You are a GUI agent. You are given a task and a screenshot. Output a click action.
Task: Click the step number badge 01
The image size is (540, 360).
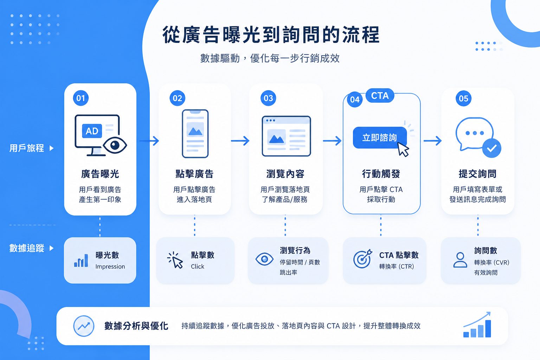(81, 98)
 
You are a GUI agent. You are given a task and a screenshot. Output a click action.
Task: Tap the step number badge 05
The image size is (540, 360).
(463, 98)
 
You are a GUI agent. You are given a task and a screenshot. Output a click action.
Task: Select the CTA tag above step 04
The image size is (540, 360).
(380, 96)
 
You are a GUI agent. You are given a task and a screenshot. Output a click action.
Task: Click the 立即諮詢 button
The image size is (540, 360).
(380, 137)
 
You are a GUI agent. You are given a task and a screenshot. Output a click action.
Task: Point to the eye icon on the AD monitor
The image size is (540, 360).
(115, 145)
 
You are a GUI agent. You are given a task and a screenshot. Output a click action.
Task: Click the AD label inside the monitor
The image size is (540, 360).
(92, 131)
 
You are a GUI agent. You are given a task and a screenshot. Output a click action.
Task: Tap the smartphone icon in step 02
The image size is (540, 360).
(195, 134)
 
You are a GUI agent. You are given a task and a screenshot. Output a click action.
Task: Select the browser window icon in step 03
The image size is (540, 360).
(286, 136)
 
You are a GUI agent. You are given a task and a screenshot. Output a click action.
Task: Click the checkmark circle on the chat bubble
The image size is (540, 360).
(491, 148)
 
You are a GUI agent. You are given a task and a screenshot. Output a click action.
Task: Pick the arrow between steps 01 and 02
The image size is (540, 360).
(149, 141)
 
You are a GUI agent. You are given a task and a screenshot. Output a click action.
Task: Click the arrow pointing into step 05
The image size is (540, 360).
(432, 141)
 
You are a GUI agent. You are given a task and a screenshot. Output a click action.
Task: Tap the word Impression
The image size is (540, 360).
(110, 266)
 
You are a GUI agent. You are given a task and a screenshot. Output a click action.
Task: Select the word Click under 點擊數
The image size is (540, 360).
(198, 266)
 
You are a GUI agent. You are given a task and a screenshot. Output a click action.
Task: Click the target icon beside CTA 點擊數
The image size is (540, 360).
(362, 259)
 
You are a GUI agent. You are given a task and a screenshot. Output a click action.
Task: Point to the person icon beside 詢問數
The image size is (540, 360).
(460, 260)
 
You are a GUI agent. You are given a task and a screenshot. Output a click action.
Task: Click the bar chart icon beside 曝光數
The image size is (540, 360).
(81, 261)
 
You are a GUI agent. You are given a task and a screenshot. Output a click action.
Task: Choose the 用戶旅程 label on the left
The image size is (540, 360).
(27, 148)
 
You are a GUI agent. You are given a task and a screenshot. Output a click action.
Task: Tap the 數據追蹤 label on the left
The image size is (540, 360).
(27, 248)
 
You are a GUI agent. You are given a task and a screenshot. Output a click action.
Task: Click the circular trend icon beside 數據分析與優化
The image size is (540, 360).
(84, 326)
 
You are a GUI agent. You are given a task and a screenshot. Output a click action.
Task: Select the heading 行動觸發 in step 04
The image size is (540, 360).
(381, 174)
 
